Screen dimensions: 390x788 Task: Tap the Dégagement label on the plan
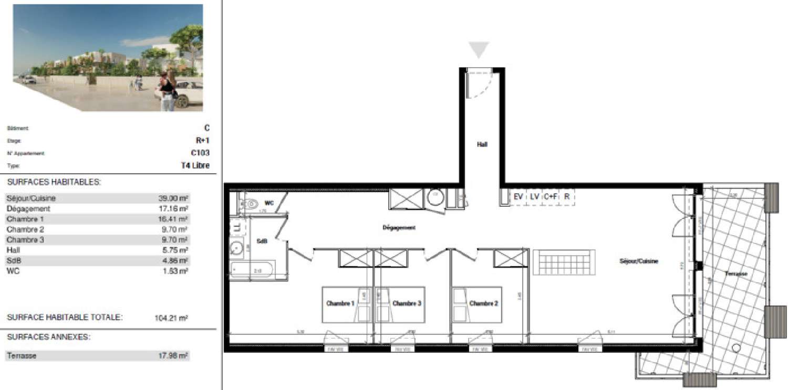[399, 228]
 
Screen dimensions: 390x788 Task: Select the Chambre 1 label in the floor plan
[340, 303]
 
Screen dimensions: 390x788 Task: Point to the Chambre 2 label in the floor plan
[483, 303]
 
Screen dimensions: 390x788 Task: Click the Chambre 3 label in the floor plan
[407, 303]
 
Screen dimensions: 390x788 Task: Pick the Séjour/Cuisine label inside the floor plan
[638, 261]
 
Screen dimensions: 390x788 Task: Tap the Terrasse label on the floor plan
[735, 274]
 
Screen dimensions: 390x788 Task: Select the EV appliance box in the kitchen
[519, 197]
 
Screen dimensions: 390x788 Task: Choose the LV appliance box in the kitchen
[534, 197]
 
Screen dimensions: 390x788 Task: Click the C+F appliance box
[551, 197]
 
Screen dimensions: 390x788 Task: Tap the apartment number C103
[200, 153]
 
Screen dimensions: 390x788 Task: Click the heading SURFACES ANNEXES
[48, 337]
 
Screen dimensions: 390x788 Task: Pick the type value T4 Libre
[195, 166]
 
